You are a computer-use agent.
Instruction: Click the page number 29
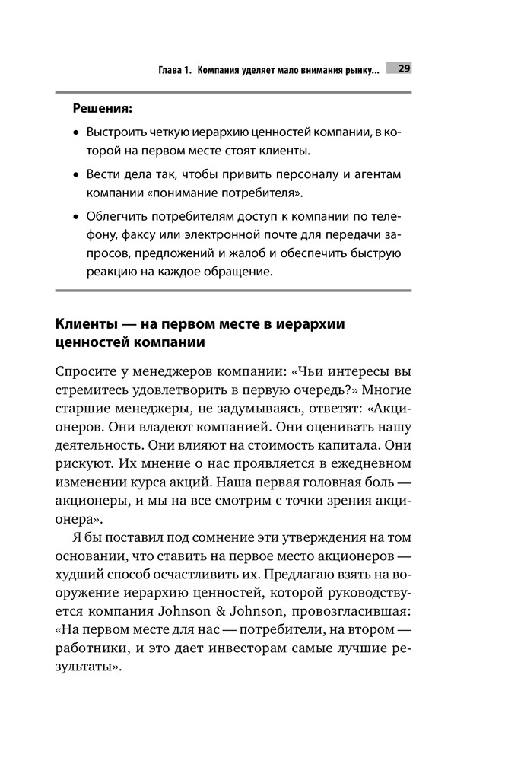click(403, 68)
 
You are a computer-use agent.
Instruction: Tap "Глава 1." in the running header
click(174, 70)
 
